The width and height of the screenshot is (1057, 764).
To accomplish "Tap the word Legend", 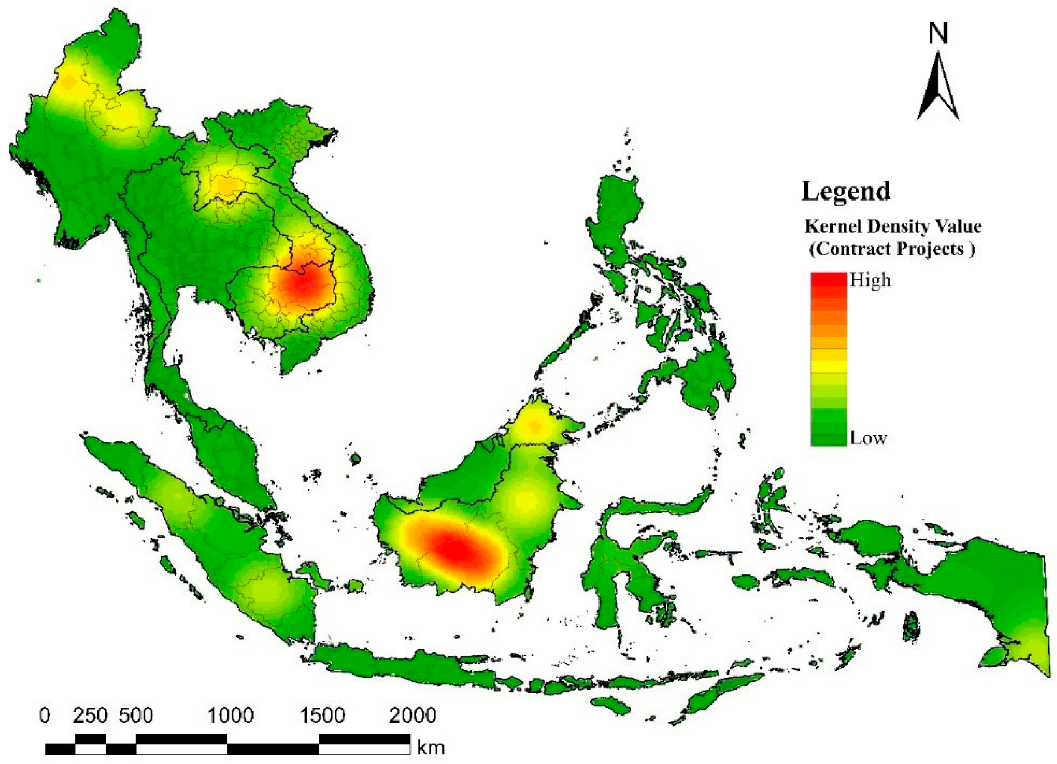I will pos(846,191).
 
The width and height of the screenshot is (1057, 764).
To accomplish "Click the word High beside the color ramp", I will pos(870,281).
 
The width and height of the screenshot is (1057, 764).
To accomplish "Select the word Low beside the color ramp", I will pos(868,438).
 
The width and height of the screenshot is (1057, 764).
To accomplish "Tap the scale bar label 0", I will pos(45,716).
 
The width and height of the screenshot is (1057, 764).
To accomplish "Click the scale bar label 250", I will pos(90,716).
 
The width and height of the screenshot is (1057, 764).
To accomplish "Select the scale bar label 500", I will pos(136,716).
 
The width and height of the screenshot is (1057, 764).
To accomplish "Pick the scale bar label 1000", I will pos(230,716).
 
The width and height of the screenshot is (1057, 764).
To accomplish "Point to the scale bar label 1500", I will pos(322,716).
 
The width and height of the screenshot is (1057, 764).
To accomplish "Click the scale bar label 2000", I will pos(413,716).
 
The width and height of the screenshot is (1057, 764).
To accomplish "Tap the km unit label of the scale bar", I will pos(430,748).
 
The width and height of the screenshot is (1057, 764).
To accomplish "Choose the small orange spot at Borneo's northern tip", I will pos(534,425).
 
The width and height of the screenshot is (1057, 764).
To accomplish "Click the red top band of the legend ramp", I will pos(828,279).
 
